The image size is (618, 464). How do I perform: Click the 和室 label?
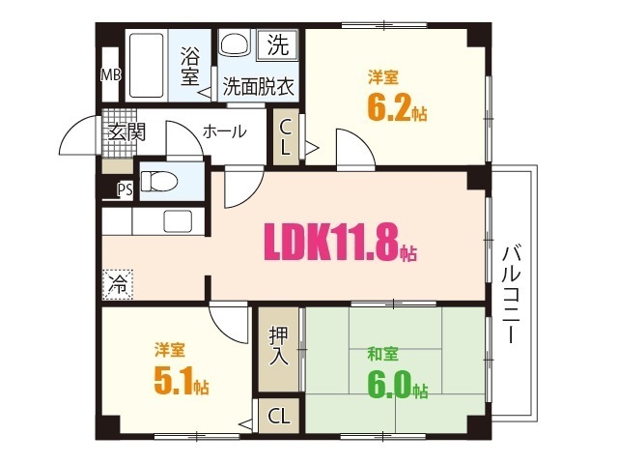click(382, 354)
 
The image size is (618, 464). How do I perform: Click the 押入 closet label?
click(278, 346)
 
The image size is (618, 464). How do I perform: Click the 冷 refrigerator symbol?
click(117, 284)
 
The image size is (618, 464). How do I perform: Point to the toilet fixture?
click(159, 182)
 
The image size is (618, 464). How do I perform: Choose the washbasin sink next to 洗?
click(235, 44)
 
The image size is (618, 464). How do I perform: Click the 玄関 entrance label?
click(125, 133)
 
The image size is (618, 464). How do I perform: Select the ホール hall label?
click(224, 132)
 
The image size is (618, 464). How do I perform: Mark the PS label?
click(125, 189)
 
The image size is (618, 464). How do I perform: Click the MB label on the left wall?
click(111, 74)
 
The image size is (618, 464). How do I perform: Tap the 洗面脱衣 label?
click(258, 85)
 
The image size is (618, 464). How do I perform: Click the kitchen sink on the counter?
click(177, 220)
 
